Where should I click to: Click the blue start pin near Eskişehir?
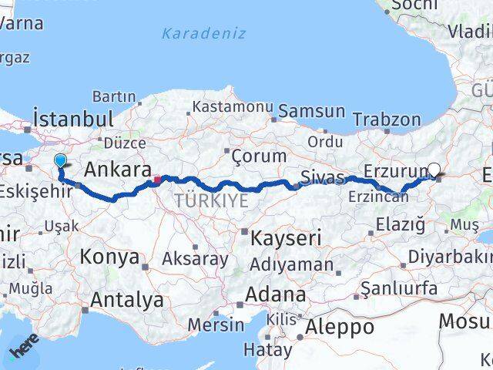(61, 160)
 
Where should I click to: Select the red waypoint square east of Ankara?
(156, 180)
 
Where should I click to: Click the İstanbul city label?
(74, 119)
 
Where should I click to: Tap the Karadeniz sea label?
(204, 33)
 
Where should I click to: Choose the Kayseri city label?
(286, 238)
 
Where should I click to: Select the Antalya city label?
(127, 300)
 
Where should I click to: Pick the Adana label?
(276, 294)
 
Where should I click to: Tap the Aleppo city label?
(340, 327)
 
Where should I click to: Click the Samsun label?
(311, 111)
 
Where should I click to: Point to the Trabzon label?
(387, 119)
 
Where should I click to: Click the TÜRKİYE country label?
(210, 201)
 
